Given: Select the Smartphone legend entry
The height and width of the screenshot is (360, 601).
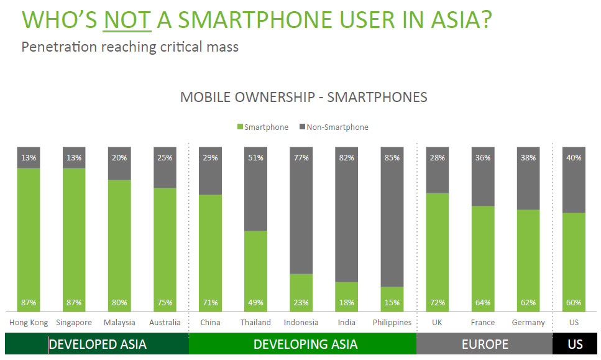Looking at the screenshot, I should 262,127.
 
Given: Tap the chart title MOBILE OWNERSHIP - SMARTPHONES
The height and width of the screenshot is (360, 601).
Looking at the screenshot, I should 303,97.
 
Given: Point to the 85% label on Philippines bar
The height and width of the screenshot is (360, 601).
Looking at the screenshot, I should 392,158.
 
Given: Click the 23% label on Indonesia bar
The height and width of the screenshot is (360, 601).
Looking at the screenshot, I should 301,303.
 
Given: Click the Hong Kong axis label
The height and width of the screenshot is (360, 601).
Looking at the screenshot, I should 29,322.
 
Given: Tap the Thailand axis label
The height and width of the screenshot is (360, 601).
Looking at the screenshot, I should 255,322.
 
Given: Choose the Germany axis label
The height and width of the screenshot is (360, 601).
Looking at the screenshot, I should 528,322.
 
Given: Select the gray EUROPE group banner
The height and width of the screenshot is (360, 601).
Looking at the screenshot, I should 484,344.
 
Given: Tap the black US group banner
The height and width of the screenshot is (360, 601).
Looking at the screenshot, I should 575,344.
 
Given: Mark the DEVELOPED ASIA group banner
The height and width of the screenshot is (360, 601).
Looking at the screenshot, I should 97,344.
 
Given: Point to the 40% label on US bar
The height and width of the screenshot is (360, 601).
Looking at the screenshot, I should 574,158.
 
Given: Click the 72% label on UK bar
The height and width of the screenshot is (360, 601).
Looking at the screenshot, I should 437,303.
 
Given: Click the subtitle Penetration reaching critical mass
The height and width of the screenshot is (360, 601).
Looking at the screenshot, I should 130,47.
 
